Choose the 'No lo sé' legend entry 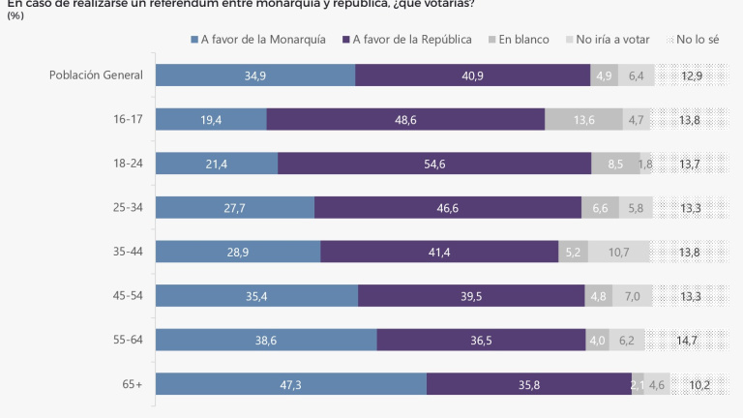click(x=696, y=40)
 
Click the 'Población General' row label click(x=97, y=75)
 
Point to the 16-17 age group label click(x=128, y=119)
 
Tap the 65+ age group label click(x=132, y=384)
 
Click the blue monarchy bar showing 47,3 click(x=290, y=384)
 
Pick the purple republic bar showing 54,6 click(x=434, y=164)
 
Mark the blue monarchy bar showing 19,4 click(x=211, y=119)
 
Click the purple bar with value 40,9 click(x=473, y=75)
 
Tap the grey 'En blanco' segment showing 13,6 click(x=584, y=119)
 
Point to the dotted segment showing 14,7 click(x=688, y=340)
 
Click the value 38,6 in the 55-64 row click(x=265, y=340)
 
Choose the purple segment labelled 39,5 click(x=471, y=296)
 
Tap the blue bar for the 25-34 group click(x=235, y=207)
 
